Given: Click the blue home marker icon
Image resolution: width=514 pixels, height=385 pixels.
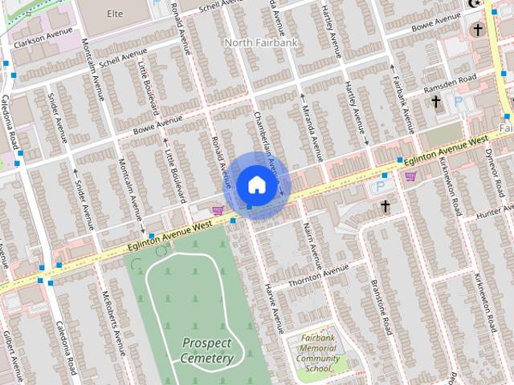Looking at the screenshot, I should click(256, 185).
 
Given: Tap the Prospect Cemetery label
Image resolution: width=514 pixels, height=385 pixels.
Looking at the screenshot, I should click(206, 351).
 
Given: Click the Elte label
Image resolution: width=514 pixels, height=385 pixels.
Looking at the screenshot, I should click(115, 14).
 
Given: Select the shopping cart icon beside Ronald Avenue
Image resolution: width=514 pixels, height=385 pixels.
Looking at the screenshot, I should click(216, 210).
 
